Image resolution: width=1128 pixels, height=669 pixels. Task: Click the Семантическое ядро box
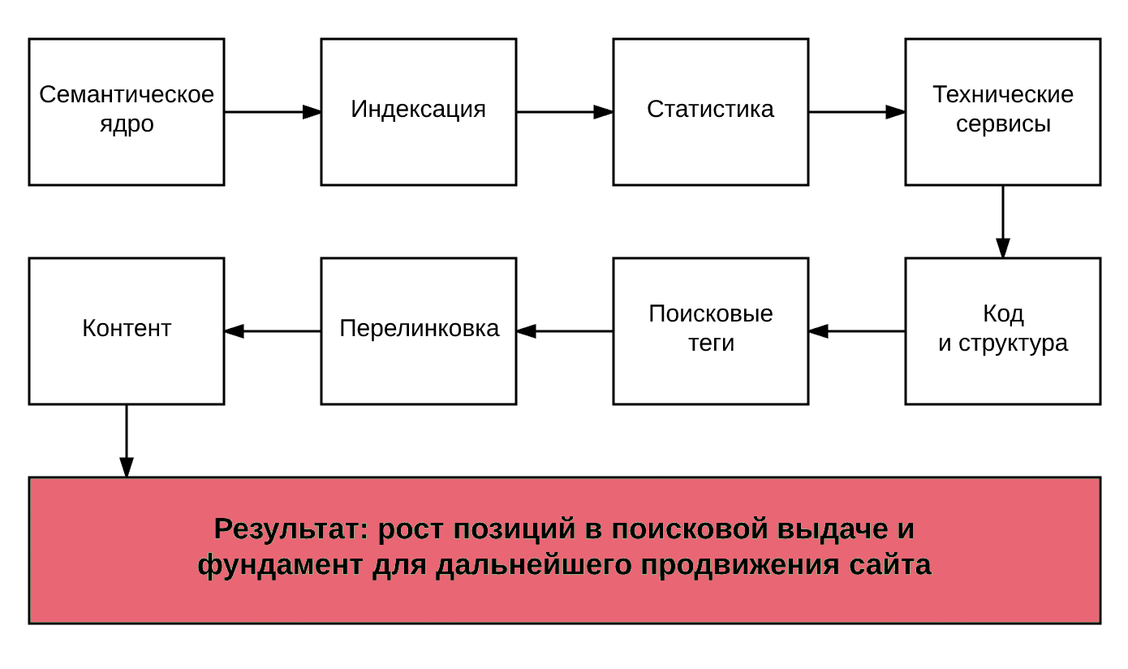[x=127, y=112]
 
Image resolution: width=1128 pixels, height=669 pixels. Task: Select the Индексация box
[x=419, y=112]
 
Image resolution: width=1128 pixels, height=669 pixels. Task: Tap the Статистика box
[x=711, y=112]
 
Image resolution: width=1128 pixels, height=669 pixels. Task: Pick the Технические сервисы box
[x=1002, y=112]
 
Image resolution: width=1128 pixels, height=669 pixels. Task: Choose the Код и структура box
[x=1002, y=331]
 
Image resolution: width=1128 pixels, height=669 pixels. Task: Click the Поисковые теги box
[x=711, y=331]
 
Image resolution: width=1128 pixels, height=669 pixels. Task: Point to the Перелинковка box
[x=419, y=331]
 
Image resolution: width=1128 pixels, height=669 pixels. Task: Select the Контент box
[x=127, y=331]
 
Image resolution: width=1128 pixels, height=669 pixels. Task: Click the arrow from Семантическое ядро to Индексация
[x=273, y=112]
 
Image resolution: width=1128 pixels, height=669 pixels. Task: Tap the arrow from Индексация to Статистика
[x=565, y=112]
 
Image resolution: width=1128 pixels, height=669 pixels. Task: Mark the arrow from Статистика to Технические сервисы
[x=857, y=112]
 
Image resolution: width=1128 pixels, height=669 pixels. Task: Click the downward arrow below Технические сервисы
[x=1002, y=222]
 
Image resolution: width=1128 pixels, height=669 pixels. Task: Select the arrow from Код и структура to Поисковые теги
[x=857, y=331]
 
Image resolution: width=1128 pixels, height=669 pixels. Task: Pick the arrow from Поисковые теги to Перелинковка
[x=565, y=331]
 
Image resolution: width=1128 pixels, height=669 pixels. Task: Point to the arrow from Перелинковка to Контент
[x=273, y=331]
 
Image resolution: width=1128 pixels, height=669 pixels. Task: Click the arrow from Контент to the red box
[x=127, y=441]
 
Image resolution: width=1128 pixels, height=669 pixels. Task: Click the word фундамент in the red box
[x=280, y=566]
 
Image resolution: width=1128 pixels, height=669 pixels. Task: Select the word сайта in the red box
[x=889, y=565]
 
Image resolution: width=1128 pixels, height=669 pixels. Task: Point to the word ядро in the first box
[x=127, y=125]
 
